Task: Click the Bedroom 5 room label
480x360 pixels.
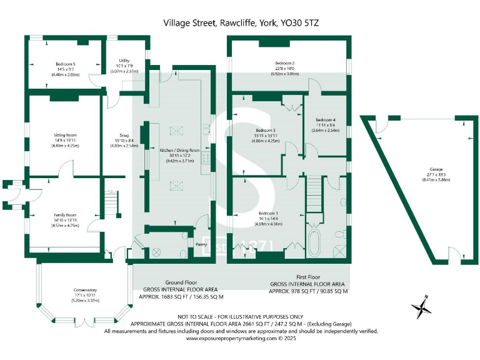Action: click(65, 64)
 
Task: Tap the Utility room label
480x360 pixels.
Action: click(124, 61)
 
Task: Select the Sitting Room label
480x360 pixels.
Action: click(65, 135)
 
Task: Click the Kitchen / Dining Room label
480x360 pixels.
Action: click(179, 151)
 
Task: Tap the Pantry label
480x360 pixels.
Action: click(201, 244)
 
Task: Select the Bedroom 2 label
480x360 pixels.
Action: click(284, 63)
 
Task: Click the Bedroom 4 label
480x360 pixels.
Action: click(325, 120)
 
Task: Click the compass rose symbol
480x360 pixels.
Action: click(422, 307)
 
